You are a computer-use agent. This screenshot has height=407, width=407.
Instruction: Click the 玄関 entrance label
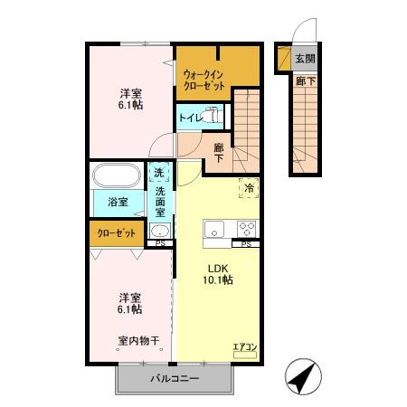[305, 60]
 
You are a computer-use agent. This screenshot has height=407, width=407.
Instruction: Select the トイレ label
[190, 118]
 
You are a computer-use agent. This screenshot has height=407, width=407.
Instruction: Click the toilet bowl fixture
[213, 115]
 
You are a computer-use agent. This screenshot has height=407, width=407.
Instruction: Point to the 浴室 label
[118, 202]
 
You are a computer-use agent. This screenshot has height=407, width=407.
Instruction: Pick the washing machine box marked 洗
[159, 173]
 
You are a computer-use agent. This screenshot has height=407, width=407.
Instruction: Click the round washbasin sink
[158, 230]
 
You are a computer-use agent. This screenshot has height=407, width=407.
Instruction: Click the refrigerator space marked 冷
[249, 187]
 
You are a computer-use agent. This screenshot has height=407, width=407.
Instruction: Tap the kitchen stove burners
[247, 227]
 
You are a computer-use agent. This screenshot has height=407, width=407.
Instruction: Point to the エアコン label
[245, 346]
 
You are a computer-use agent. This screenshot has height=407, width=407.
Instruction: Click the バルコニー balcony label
[175, 379]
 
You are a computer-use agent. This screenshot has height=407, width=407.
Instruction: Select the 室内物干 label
[138, 341]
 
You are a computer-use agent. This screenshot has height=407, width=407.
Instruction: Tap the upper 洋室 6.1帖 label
[130, 99]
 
